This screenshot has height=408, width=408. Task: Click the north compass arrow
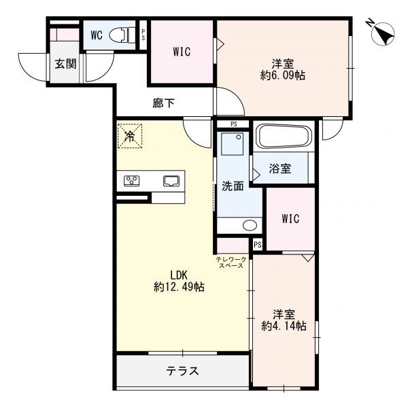click(x=384, y=32)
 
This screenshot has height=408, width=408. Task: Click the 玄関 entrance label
click(x=65, y=65)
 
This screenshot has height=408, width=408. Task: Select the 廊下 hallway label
click(x=164, y=103)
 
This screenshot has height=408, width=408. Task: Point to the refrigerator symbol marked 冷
click(x=130, y=135)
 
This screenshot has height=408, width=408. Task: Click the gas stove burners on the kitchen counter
click(x=132, y=181)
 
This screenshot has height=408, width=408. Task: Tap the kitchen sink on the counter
click(x=170, y=181)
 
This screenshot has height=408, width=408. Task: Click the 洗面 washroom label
click(x=231, y=186)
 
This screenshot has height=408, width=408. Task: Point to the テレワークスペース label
click(x=231, y=262)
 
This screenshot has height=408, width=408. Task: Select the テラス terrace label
click(x=182, y=371)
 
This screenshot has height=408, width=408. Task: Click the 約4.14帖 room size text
click(x=284, y=326)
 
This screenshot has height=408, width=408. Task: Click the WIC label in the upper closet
click(x=182, y=52)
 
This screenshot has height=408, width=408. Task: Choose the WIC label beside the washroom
click(x=290, y=219)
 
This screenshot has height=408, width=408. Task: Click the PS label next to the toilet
click(x=143, y=35)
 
